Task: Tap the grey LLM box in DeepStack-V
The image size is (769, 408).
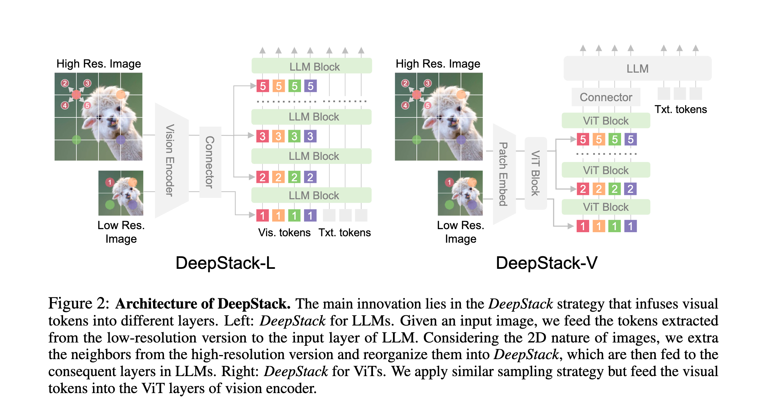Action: coord(637,69)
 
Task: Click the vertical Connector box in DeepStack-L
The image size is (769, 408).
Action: coord(210,162)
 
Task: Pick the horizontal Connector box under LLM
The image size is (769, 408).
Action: coord(606,97)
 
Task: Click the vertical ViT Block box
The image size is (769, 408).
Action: coord(536,173)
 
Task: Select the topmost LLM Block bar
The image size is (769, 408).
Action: coord(312,67)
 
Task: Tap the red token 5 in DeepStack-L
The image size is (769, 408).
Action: coord(263,86)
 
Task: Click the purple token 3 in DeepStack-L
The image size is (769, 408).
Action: coord(310,136)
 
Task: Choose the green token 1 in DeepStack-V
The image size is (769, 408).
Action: coord(614,226)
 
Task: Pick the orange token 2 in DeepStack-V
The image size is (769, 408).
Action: coord(599,189)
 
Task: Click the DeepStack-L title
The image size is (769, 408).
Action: coord(225,263)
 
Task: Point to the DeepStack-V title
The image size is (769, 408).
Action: coord(546,263)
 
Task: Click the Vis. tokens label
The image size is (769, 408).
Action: coord(284,233)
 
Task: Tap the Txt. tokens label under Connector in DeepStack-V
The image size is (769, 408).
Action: coord(680,110)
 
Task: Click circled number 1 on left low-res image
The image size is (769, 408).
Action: coord(110,182)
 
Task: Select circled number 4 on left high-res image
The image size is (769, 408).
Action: coord(65,106)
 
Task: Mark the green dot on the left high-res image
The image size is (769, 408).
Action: coord(76,140)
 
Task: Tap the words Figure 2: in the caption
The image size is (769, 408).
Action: coord(78,304)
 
